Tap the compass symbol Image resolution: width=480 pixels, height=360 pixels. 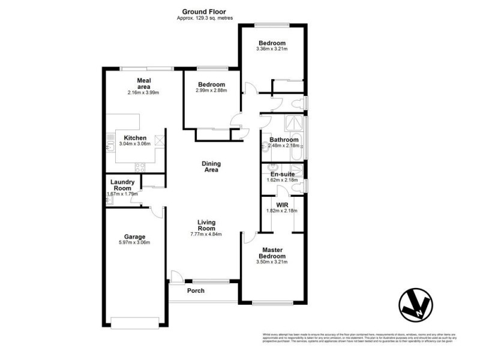[416, 305]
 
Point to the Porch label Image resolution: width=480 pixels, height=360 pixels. [196, 291]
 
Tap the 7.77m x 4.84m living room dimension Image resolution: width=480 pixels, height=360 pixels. [206, 234]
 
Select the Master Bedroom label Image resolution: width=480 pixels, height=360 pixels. [272, 253]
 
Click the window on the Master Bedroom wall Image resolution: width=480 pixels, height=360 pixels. [272, 303]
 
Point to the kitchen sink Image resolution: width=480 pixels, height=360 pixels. [110, 146]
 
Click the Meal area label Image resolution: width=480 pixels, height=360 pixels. [144, 83]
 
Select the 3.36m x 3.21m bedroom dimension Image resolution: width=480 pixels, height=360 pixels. [272, 49]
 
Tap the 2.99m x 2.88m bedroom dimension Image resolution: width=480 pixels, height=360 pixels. [211, 91]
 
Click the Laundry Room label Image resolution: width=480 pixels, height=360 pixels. [121, 185]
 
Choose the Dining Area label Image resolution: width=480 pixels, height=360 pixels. [211, 166]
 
